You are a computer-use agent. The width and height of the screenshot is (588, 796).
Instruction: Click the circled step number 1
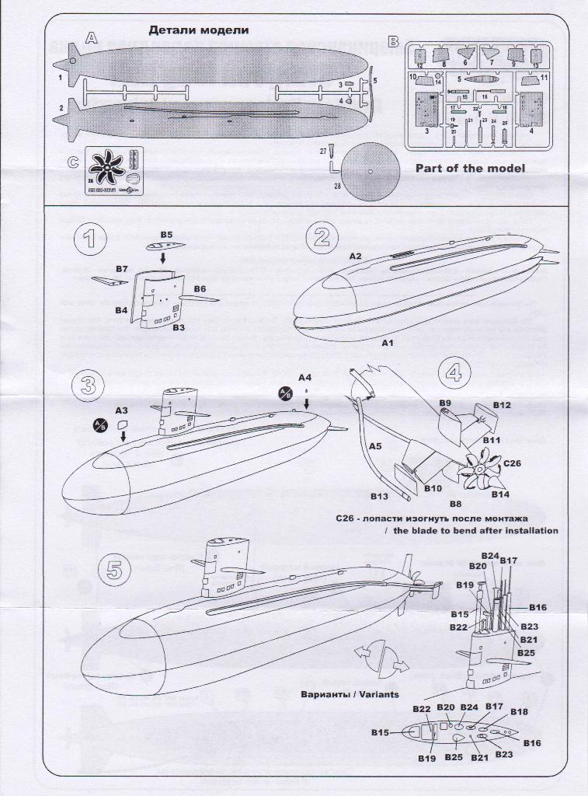(x=91, y=240)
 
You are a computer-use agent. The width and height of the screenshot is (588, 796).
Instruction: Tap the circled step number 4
(x=454, y=372)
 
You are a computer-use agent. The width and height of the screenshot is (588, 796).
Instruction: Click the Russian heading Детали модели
(x=198, y=30)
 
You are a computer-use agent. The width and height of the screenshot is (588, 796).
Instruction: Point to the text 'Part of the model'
(x=470, y=168)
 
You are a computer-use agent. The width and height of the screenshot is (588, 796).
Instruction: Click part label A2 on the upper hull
(x=356, y=256)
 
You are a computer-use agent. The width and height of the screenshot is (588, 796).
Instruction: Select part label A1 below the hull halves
(x=388, y=341)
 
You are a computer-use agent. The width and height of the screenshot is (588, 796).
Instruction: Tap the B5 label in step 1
(x=166, y=234)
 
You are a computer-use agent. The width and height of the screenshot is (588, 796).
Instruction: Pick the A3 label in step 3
(x=121, y=409)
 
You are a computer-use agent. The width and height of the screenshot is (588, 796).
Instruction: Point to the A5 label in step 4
(x=375, y=447)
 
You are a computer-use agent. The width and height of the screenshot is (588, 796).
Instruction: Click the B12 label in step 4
(x=501, y=405)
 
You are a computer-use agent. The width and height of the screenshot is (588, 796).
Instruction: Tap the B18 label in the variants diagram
(x=520, y=711)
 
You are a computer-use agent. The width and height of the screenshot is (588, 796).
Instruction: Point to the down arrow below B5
(x=163, y=256)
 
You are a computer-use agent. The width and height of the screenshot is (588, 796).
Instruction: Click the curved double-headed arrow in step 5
(x=381, y=658)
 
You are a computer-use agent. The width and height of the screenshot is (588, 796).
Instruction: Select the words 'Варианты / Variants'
(x=350, y=694)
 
